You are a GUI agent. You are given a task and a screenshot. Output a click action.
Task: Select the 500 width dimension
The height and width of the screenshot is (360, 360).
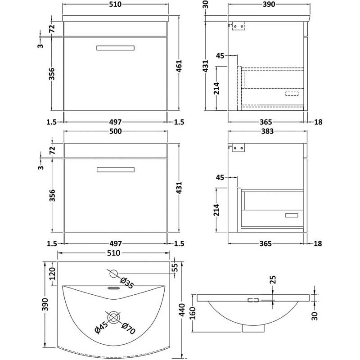click(x=117, y=131)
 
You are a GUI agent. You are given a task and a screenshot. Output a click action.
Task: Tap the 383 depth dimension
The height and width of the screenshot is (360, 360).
click(x=268, y=131)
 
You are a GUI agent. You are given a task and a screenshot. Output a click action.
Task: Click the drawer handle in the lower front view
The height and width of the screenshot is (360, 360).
click(x=115, y=169)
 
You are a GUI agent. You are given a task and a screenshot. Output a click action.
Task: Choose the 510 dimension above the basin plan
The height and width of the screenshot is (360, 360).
click(x=114, y=253)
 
